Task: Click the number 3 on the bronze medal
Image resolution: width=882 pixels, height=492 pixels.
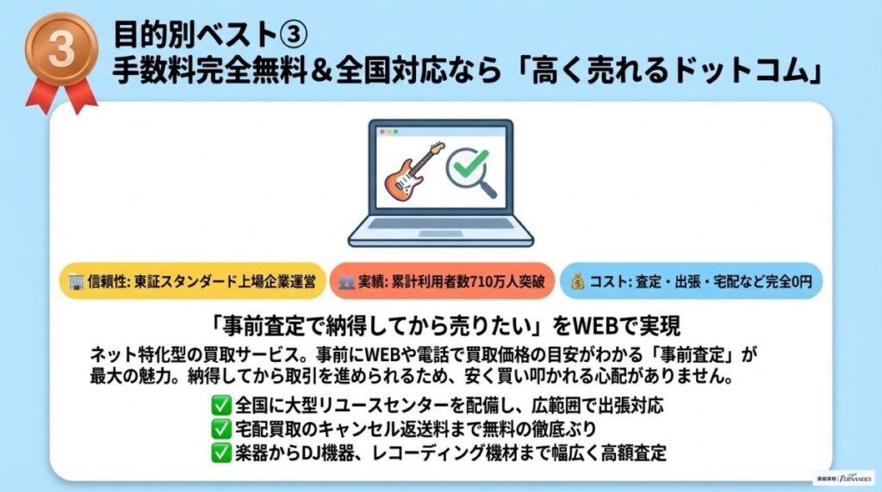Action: [61, 50]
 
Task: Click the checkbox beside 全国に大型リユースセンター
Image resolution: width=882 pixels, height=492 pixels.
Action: [220, 404]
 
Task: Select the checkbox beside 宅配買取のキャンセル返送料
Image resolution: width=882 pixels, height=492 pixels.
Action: [220, 427]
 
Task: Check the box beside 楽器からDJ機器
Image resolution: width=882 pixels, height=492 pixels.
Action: [220, 451]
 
